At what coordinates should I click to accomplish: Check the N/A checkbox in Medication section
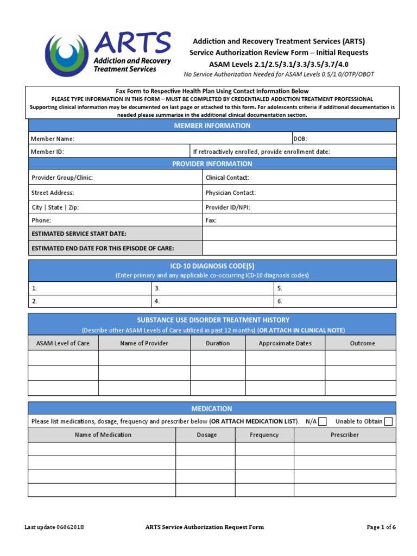(x=323, y=421)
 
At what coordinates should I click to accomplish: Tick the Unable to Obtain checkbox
(x=388, y=421)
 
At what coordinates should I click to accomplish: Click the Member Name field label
(x=53, y=139)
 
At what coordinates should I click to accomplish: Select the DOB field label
(x=300, y=139)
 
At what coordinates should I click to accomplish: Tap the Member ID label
(x=47, y=152)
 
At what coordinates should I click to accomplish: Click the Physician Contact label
(x=230, y=193)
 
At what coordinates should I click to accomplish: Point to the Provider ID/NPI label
(x=228, y=207)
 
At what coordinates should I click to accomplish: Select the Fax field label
(x=211, y=220)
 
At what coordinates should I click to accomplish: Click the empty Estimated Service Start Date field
(x=299, y=233)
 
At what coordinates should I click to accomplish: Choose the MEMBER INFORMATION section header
(x=212, y=125)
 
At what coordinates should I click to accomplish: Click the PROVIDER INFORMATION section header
(x=212, y=164)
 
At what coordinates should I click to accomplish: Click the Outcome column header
(x=362, y=343)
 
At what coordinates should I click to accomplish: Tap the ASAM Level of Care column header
(x=63, y=343)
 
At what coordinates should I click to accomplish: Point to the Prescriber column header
(x=345, y=435)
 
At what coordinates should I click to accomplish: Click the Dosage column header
(x=206, y=435)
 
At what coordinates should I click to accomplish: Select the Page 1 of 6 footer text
(x=381, y=527)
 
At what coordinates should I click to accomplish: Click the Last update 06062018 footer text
(x=54, y=527)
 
